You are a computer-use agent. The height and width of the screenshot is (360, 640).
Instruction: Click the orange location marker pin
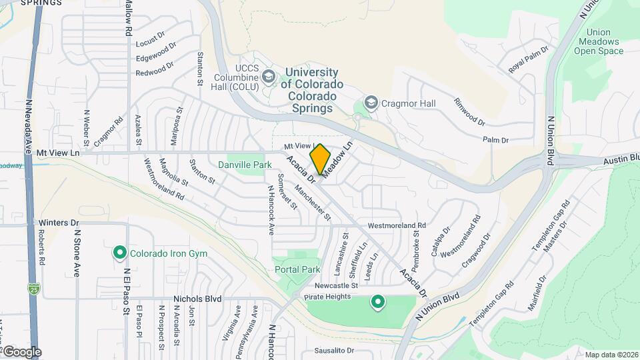[321, 159]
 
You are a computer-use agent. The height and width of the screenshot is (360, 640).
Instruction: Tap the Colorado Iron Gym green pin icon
[119, 253]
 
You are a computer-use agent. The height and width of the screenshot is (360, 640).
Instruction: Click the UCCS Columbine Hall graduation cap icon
[269, 77]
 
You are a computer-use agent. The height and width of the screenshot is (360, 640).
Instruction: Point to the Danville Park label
[245, 165]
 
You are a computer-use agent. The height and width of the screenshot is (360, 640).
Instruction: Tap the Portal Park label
[297, 269]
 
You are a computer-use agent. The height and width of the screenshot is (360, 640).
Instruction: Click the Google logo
[21, 351]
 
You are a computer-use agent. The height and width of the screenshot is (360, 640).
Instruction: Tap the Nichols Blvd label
[197, 299]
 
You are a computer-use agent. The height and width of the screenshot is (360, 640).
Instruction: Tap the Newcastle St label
[337, 285]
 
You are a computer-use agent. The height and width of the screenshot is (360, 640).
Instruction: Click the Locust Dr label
[150, 43]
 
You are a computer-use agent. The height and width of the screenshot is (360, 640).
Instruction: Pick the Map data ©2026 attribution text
[611, 355]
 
